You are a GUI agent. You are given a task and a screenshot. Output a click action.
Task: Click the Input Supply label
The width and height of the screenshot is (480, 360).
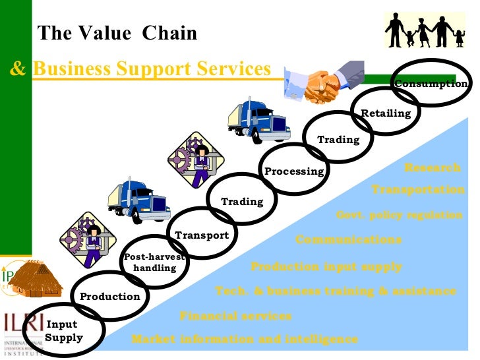click(x=64, y=331)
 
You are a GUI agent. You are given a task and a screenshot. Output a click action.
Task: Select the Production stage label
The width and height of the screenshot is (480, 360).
click(x=110, y=297)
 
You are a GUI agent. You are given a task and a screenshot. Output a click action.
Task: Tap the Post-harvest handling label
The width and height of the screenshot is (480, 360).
click(x=155, y=262)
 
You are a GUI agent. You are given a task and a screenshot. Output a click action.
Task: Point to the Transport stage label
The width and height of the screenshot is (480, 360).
click(x=202, y=235)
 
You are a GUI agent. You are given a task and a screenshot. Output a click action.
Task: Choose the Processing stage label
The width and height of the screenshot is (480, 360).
click(x=294, y=171)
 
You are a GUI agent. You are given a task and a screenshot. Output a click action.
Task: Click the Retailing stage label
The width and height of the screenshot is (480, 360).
click(x=386, y=113)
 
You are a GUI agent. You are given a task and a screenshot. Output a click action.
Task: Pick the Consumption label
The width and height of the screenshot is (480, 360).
click(x=431, y=84)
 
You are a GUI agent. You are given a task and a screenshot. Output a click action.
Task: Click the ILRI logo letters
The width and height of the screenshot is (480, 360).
click(x=23, y=324)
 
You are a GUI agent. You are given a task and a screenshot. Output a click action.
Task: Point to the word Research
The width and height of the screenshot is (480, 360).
click(x=433, y=167)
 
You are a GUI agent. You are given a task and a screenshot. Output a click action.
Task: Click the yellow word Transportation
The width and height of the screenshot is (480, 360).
click(x=418, y=190)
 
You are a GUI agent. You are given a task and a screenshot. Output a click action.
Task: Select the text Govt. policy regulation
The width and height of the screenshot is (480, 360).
click(x=400, y=215)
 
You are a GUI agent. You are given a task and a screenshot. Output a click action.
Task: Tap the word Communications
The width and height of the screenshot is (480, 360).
click(x=348, y=240)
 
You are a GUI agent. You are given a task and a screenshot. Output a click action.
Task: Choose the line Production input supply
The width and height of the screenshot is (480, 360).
click(x=326, y=267)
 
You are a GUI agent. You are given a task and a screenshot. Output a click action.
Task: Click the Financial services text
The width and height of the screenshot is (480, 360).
click(x=235, y=316)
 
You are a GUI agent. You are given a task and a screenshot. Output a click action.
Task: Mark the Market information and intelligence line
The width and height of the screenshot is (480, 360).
click(x=245, y=340)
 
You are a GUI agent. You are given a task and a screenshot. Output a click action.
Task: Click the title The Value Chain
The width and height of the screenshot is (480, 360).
click(x=117, y=33)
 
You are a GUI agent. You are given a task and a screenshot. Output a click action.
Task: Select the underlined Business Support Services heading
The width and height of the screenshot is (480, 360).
click(x=152, y=69)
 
